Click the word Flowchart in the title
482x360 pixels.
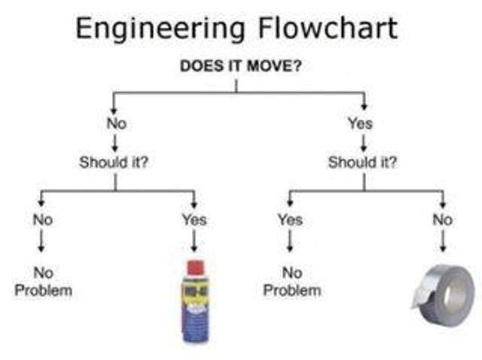(x=328, y=28)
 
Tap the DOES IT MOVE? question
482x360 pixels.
(x=241, y=66)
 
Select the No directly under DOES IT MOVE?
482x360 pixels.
(x=117, y=124)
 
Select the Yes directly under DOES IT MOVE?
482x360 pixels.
(x=360, y=124)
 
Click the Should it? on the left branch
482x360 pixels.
(x=114, y=162)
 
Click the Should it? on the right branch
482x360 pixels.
(x=363, y=162)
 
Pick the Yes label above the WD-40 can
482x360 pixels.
(x=194, y=220)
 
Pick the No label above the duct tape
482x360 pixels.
(x=443, y=220)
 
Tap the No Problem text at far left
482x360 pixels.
(x=44, y=282)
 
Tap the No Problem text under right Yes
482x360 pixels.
(x=292, y=282)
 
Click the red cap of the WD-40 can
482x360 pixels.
(x=196, y=268)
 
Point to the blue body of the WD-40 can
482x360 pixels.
(x=196, y=325)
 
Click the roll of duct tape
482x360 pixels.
(x=444, y=294)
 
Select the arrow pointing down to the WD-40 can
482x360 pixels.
(x=194, y=241)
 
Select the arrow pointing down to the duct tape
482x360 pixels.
(x=443, y=241)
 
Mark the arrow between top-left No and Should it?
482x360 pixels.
(x=115, y=144)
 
